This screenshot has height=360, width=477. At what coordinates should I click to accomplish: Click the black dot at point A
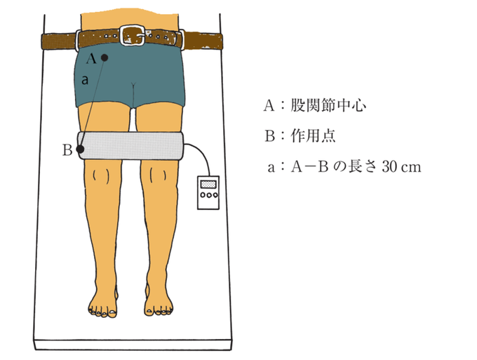point(104,58)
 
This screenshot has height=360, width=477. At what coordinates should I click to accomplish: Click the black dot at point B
point(80,149)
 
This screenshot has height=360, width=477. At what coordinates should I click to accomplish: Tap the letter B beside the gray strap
point(67,149)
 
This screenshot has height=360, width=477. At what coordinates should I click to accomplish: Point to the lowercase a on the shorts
point(85,81)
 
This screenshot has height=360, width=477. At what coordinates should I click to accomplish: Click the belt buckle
point(133,35)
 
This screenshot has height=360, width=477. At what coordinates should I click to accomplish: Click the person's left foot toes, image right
point(159,307)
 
